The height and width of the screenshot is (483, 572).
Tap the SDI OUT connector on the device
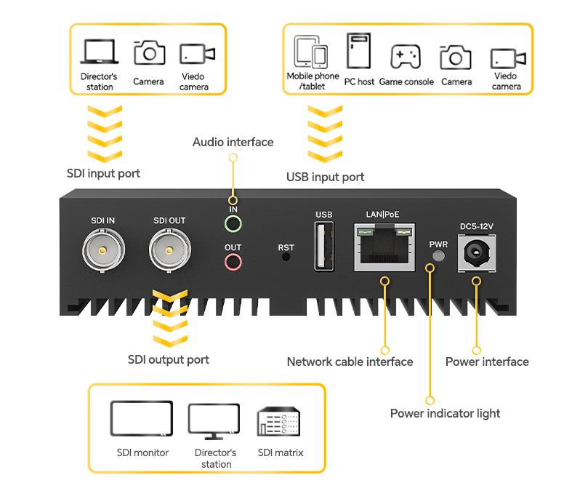click(x=169, y=251)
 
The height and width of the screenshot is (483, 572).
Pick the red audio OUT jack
click(x=233, y=262)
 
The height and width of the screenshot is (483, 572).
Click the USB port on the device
click(x=324, y=246)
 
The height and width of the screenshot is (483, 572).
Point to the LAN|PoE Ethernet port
click(x=382, y=247)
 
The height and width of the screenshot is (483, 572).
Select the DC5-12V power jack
click(x=477, y=253)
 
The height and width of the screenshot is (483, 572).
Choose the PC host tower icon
click(x=359, y=52)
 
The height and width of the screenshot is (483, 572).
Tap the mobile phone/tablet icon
click(x=311, y=52)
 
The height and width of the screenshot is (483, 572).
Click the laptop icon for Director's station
click(x=100, y=52)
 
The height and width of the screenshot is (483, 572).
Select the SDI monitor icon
click(x=142, y=419)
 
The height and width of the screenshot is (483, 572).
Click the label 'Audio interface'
click(x=233, y=142)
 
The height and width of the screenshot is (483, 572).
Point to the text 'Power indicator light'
click(x=445, y=413)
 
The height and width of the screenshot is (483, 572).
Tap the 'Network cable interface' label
click(x=350, y=362)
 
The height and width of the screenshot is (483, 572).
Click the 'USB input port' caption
click(x=325, y=177)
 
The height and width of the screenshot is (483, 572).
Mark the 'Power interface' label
click(x=487, y=362)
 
